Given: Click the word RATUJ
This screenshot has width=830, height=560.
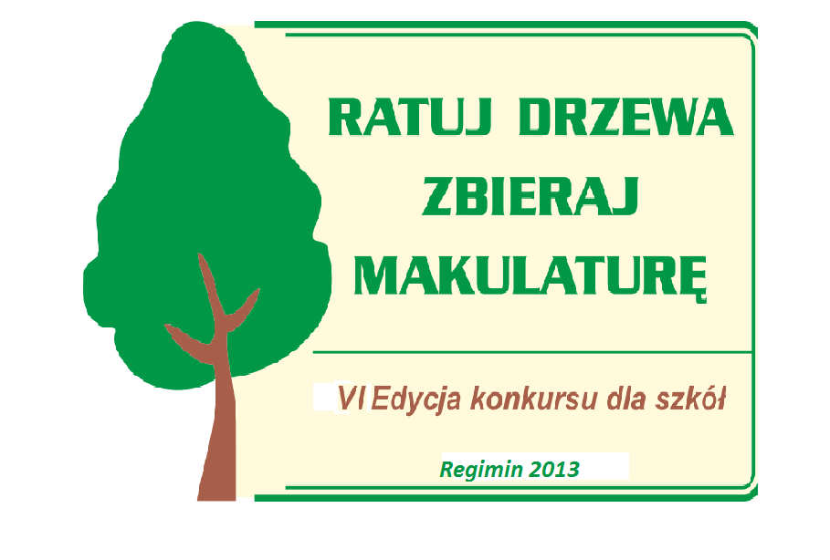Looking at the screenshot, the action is coord(409,117).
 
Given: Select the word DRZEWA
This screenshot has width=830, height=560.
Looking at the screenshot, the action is coord(626,117).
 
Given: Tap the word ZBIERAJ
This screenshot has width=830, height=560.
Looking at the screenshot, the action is coord(530,196).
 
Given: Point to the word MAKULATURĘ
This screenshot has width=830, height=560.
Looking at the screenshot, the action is coord(531,277).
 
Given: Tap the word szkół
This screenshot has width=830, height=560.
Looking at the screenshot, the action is coord(691,399).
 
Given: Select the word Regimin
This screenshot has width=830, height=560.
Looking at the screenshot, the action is coord(481,470).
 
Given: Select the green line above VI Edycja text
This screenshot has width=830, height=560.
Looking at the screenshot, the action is coord(532,352).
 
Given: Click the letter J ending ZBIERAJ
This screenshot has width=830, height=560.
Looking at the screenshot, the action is coord(624,197).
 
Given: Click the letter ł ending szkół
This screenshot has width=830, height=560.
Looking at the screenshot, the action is coord(719,399).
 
